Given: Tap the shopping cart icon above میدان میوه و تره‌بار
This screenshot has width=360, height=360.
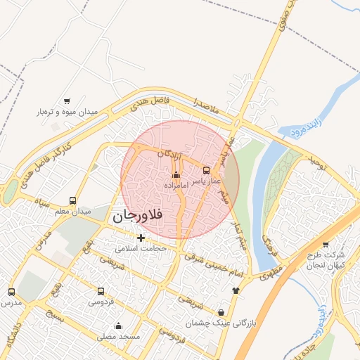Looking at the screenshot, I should click(67, 101).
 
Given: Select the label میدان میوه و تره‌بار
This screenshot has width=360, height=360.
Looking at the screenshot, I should click(65, 112).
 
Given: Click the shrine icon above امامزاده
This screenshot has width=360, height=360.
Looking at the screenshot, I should click(176, 174).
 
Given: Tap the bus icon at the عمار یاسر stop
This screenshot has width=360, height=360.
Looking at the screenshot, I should click(206, 170).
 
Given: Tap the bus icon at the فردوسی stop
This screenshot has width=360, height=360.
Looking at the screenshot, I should click(101, 291).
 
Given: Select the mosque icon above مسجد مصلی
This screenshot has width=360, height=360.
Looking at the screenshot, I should click(118, 326).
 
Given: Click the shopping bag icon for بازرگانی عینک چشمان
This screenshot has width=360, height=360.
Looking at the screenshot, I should click(222, 312).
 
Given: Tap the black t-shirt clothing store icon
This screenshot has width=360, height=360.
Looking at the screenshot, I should click(235, 290).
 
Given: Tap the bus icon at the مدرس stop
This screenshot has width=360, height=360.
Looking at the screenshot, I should click(11, 292).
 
